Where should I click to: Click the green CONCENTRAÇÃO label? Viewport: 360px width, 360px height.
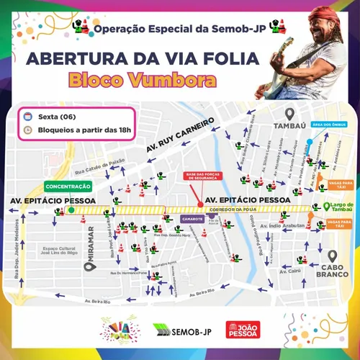[66, 186]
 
